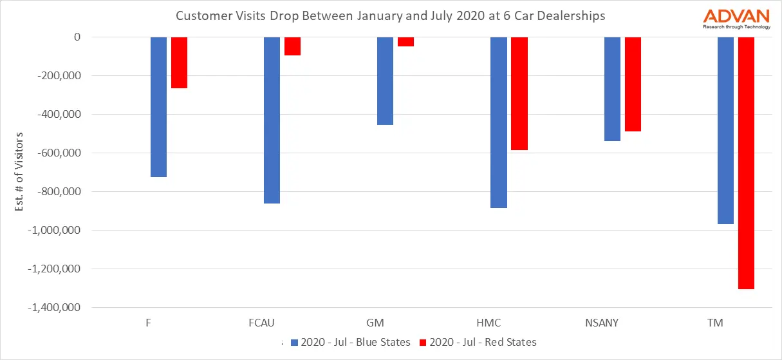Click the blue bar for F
click(x=158, y=107)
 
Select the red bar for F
click(x=179, y=62)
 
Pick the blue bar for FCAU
click(x=272, y=120)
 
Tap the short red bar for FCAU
click(x=292, y=46)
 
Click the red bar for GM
click(x=405, y=42)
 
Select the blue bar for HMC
click(x=499, y=122)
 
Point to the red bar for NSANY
click(x=633, y=84)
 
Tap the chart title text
click(x=391, y=16)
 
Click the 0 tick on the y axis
click(x=77, y=37)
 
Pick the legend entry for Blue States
click(x=350, y=342)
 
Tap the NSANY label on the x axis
click(x=602, y=323)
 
